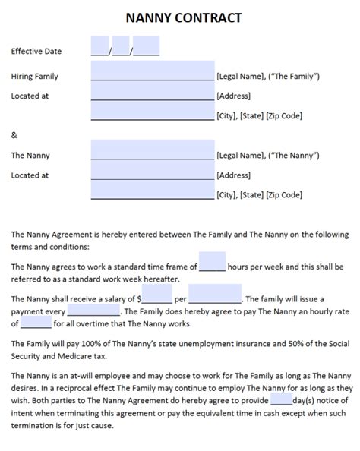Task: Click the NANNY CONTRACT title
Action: tap(179, 16)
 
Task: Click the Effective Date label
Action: tap(36, 52)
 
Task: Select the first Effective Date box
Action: tap(100, 46)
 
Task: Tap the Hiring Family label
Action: tap(34, 77)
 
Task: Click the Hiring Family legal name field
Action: tap(152, 71)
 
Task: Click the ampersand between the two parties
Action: tap(14, 136)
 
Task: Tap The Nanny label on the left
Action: tap(30, 156)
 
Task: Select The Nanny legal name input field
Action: tap(152, 150)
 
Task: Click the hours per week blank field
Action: tap(213, 262)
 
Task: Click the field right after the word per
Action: tap(215, 294)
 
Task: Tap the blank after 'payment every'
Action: tap(93, 311)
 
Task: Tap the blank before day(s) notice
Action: tap(281, 400)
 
